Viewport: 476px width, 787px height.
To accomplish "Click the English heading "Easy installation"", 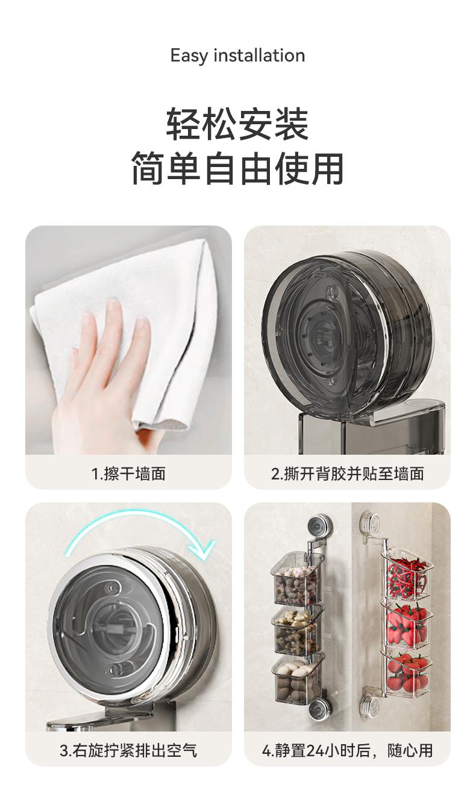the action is coord(237,56).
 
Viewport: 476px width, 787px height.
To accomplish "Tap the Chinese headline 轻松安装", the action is coord(237,124).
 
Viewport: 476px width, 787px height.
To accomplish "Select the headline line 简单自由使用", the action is coord(237,169).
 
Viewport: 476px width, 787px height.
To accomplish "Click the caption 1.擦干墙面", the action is coord(128,474).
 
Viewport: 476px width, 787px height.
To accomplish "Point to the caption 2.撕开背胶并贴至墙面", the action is coord(348,474).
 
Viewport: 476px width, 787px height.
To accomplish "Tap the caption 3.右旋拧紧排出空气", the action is coord(128,751).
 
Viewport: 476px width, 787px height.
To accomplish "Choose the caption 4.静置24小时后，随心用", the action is coord(348,751).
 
